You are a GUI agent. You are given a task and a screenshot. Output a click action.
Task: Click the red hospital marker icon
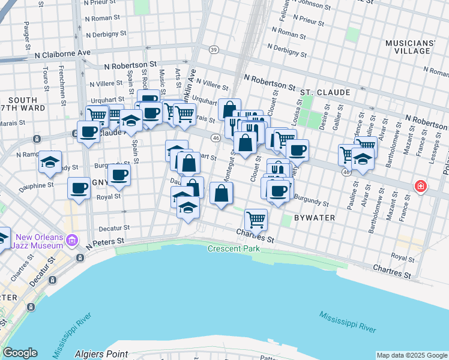421,187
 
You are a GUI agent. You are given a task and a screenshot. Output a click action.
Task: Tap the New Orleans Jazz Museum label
40,241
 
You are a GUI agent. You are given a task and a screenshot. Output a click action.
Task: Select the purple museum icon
72,241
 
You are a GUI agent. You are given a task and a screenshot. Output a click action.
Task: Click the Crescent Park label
232,248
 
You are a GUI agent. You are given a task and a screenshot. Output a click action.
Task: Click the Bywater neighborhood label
315,217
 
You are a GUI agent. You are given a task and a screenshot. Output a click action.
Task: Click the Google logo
20,353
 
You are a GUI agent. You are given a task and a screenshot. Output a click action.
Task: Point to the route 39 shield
214,50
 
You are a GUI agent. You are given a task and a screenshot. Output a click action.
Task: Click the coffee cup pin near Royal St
79,188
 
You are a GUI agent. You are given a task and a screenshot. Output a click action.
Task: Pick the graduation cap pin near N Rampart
50,161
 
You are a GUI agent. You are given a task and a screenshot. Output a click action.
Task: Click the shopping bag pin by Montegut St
221,193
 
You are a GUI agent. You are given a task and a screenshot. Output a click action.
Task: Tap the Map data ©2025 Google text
412,355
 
